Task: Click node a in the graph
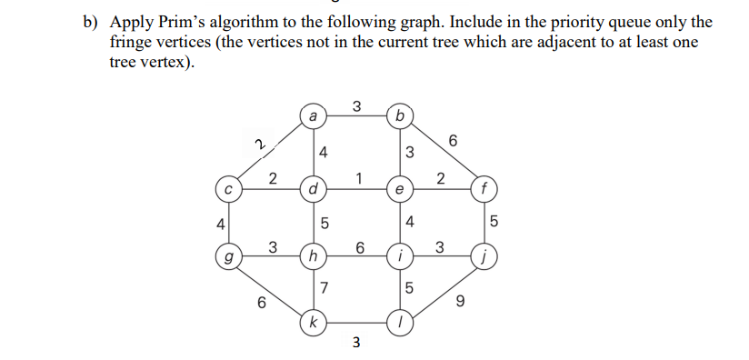click(313, 116)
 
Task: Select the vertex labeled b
click(399, 116)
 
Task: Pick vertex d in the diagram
click(313, 191)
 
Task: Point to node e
click(399, 190)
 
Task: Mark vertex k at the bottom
click(313, 322)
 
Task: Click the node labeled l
click(399, 322)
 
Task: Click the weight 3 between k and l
click(355, 343)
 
